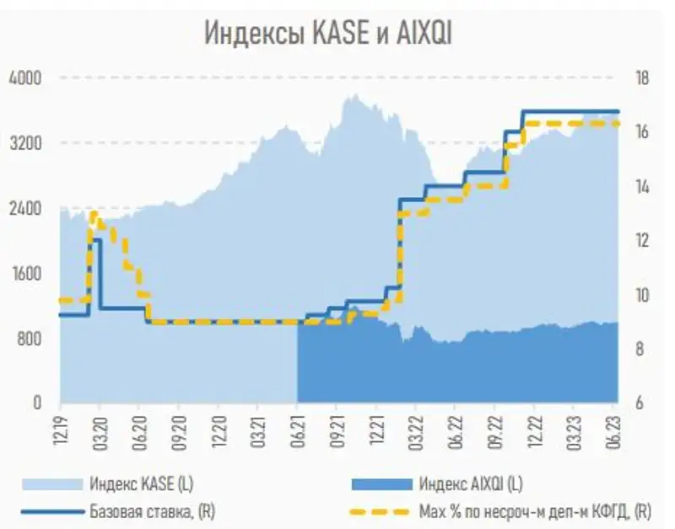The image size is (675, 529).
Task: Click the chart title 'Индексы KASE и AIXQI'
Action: [x=330, y=33]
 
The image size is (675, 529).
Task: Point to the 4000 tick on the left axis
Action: [x=24, y=78]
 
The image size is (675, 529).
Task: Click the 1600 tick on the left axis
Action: [x=24, y=273]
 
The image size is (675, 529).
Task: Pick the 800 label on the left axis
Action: [x=28, y=338]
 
